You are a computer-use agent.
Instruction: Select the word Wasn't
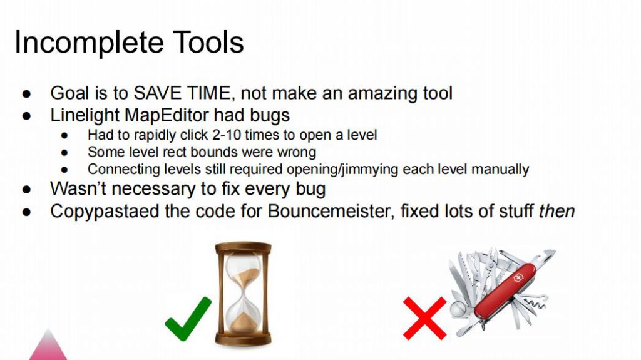[77, 188]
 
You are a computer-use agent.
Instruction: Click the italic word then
[556, 212]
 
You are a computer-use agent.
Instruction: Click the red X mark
[425, 318]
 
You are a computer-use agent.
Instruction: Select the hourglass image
[244, 294]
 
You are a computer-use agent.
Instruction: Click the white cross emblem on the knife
[518, 278]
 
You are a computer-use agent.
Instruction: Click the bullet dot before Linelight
[26, 116]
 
